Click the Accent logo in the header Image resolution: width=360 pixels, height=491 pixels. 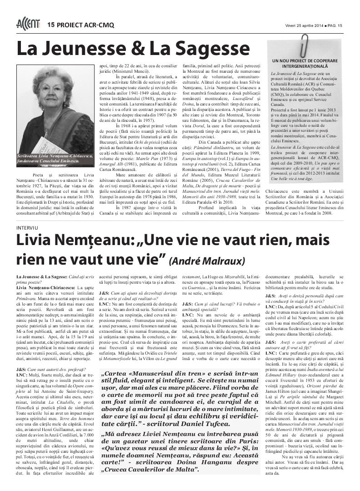point(28,24)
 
